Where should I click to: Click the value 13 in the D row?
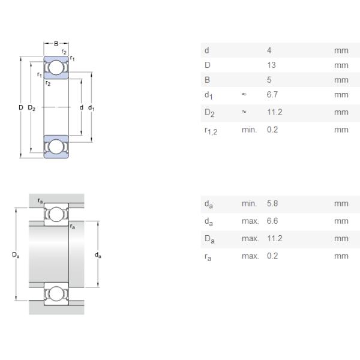(x=271, y=65)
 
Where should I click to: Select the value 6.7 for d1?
(x=272, y=95)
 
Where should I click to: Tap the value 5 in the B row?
(x=269, y=80)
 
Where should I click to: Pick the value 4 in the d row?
(x=269, y=50)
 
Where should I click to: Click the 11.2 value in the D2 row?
(x=274, y=112)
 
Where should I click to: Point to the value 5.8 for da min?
(x=272, y=203)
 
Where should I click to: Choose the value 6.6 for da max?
(x=272, y=221)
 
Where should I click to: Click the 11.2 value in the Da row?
(x=274, y=238)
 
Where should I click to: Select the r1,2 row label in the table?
(x=211, y=130)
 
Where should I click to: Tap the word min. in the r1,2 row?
(x=249, y=130)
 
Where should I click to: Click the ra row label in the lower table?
(x=208, y=257)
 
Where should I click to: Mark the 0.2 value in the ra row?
(x=272, y=256)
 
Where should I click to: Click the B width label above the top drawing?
(x=56, y=44)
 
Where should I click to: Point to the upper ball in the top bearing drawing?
(x=56, y=68)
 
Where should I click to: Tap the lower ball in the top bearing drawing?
(x=56, y=146)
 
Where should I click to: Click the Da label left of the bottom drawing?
(x=16, y=255)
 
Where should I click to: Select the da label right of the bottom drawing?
(x=98, y=255)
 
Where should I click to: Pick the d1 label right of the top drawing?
(x=91, y=108)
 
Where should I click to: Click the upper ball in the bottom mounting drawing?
(x=56, y=214)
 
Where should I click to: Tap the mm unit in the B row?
(x=341, y=80)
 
